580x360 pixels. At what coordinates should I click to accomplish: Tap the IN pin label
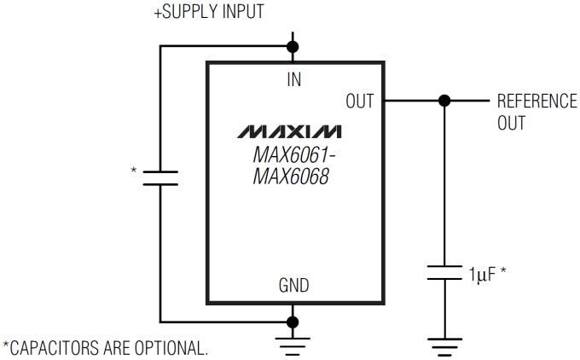coord(293,79)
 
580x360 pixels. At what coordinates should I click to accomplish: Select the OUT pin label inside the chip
coord(359,101)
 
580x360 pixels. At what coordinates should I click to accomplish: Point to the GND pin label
coord(293,286)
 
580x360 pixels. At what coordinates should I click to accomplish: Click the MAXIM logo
coord(290,132)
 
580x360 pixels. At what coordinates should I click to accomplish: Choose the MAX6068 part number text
coord(289,179)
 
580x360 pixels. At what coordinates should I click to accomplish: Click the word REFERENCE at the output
coord(536,101)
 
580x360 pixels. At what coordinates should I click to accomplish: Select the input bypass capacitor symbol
coord(159,177)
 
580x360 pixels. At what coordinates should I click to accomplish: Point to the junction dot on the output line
coord(443,101)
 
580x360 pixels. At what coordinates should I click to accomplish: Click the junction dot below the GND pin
coord(293,322)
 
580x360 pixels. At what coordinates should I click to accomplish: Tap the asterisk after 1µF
coord(504,273)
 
